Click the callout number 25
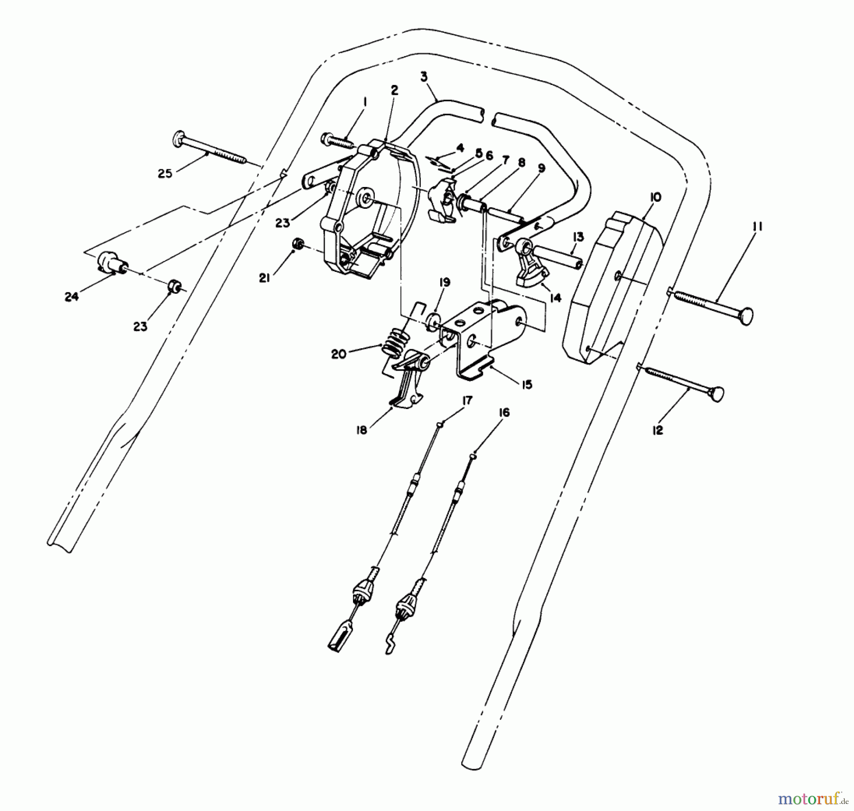(165, 173)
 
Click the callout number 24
(71, 297)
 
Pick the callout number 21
(264, 278)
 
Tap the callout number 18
(362, 430)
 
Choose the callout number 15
(526, 384)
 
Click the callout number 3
(424, 76)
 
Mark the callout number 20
(338, 354)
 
